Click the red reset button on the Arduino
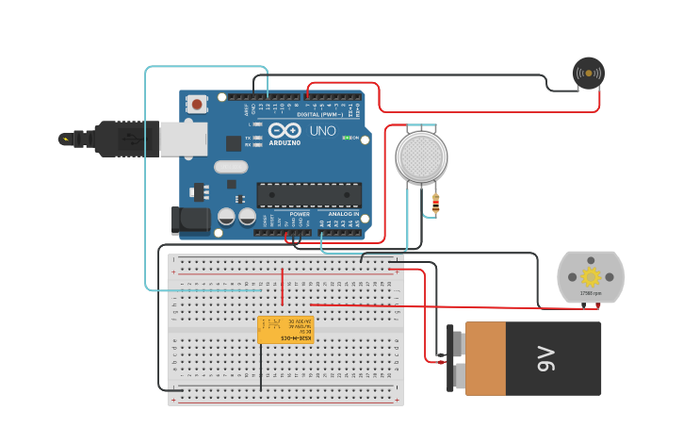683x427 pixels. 197,105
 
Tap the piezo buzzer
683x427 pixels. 589,73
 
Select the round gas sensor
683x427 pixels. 421,156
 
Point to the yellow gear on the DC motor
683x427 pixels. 591,276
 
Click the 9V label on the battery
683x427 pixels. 545,358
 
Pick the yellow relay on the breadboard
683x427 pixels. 285,330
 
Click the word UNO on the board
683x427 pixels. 323,131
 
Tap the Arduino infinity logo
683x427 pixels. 284,131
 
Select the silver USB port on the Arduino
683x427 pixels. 183,139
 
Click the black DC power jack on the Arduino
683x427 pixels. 191,221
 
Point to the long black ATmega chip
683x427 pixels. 309,195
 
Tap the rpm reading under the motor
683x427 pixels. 591,293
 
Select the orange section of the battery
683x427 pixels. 485,358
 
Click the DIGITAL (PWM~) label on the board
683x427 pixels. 320,114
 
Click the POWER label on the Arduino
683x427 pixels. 300,214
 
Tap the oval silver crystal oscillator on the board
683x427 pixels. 231,167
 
